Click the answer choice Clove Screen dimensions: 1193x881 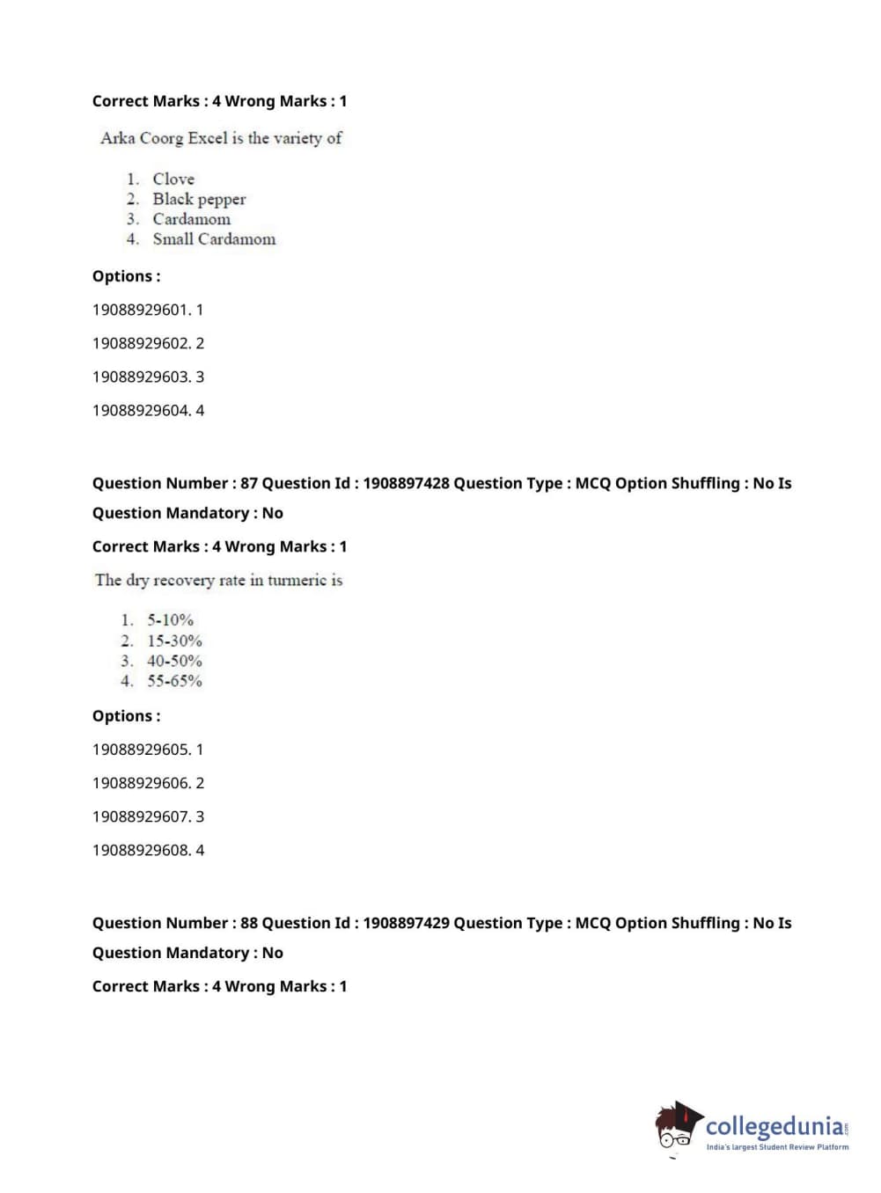click(x=173, y=179)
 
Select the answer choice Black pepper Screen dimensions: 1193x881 click(x=199, y=199)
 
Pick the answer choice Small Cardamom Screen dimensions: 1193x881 click(x=214, y=238)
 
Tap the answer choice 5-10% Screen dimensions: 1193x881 click(x=170, y=619)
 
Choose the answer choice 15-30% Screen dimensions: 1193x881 click(x=174, y=640)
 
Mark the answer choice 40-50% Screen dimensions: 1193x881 click(x=174, y=661)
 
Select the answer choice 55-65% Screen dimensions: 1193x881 click(x=174, y=681)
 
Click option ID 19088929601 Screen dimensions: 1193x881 click(x=141, y=310)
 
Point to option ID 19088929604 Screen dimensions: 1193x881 click(x=141, y=410)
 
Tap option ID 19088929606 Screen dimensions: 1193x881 click(x=141, y=783)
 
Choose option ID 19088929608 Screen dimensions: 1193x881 click(x=141, y=850)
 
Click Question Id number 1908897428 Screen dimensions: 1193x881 click(x=406, y=483)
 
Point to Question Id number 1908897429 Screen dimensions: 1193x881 click(x=406, y=923)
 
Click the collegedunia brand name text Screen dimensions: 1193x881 click(x=775, y=1125)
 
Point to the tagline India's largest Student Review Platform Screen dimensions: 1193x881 click(x=777, y=1147)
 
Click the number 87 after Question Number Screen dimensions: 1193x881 click(x=249, y=483)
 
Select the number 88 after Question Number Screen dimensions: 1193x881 click(x=249, y=923)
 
